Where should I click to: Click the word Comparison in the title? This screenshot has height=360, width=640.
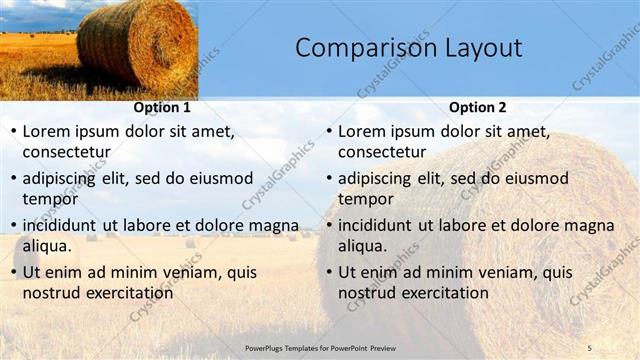coord(359,48)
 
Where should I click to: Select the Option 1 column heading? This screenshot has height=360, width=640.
coord(162,107)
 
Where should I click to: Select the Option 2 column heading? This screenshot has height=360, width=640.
coord(478,107)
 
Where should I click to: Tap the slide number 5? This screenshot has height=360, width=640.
coord(589,347)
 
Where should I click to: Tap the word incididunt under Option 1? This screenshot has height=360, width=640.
coord(65,226)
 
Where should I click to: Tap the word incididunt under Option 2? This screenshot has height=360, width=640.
coord(381,226)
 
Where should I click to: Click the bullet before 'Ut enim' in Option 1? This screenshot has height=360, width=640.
coord(13,273)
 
